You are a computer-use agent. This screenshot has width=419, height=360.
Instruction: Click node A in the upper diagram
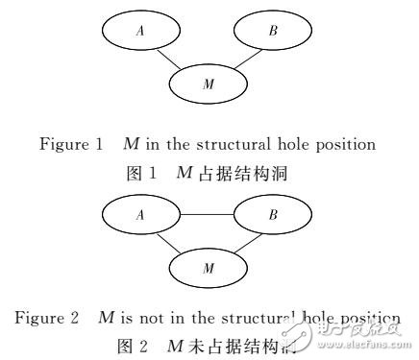pos(140,32)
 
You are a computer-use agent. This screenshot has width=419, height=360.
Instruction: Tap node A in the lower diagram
pos(140,217)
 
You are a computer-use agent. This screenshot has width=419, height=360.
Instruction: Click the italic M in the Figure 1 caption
pos(131,145)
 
